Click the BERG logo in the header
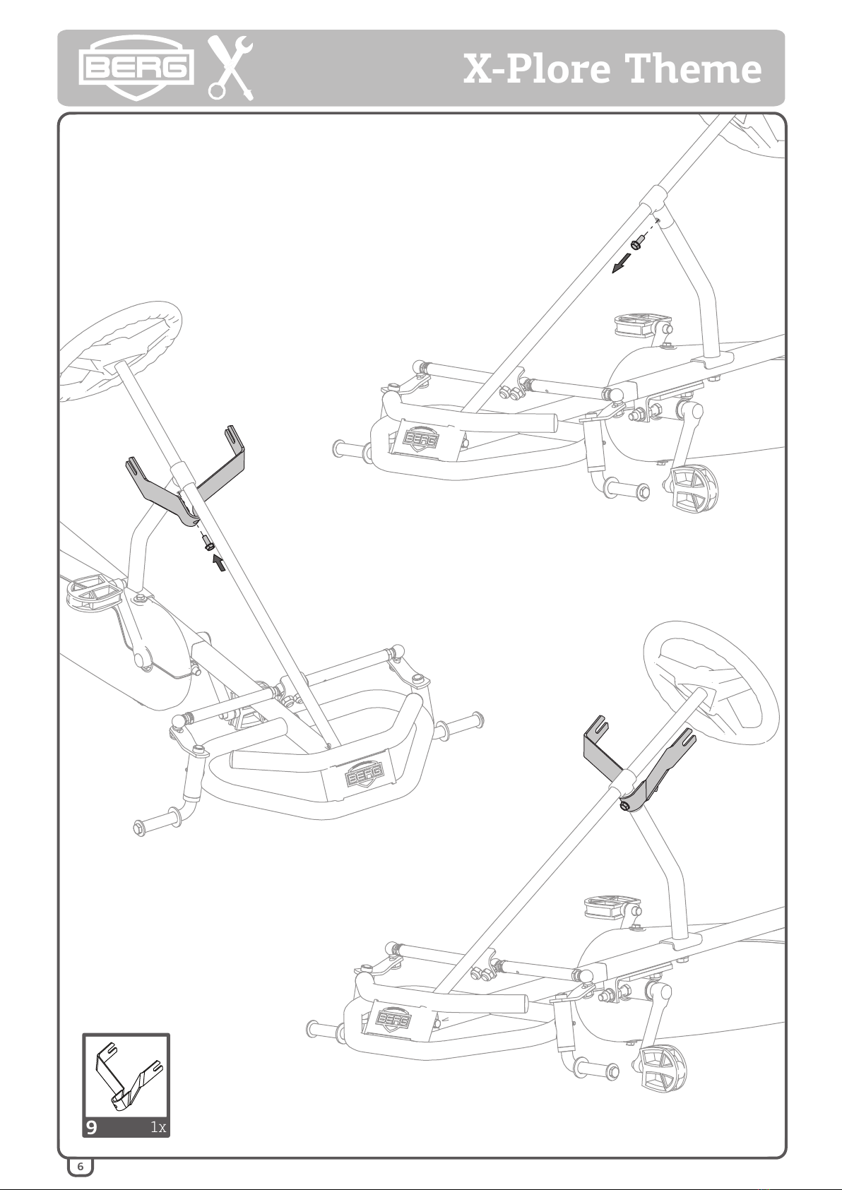[136, 68]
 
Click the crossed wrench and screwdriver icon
[230, 68]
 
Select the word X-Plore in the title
[537, 69]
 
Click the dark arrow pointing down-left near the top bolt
[622, 263]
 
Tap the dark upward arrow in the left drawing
[218, 562]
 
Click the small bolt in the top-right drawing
[637, 244]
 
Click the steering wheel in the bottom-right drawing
[711, 683]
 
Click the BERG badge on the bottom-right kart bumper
[393, 1020]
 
